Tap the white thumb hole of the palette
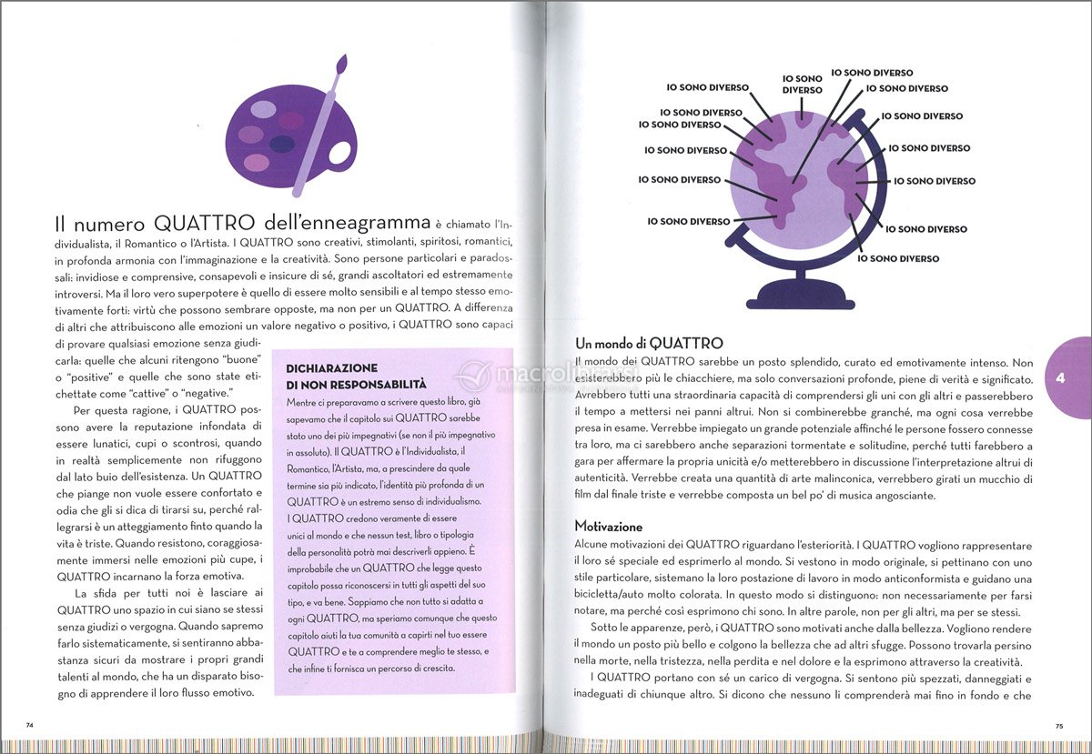click(340, 152)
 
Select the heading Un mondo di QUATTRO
click(649, 344)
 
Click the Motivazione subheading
click(608, 527)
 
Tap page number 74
click(30, 725)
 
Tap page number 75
click(1059, 726)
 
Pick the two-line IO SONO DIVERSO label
click(802, 85)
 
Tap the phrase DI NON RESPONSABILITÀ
click(357, 385)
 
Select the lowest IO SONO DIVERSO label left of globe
click(688, 221)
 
